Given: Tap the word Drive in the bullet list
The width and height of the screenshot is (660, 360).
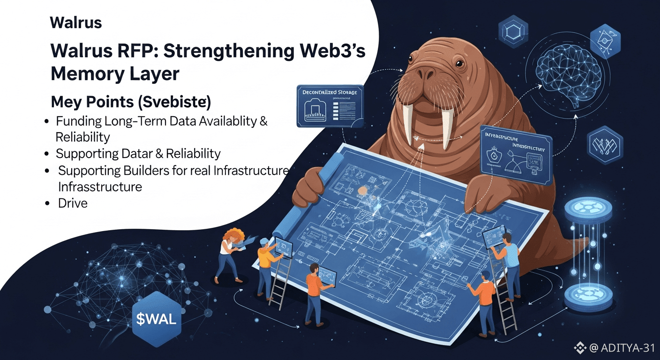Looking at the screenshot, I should pos(73,203).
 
